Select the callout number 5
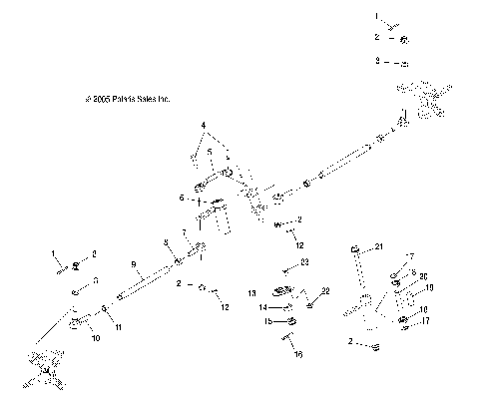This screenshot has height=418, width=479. coord(209,152)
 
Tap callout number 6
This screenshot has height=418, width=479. coord(181,199)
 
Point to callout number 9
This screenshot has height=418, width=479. coord(134,264)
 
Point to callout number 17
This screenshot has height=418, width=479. coord(424,320)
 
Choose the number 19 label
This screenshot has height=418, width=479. coord(430,287)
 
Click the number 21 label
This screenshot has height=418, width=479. coord(379,245)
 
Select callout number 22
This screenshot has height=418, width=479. coord(324,291)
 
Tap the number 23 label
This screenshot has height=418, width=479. coord(305,261)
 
